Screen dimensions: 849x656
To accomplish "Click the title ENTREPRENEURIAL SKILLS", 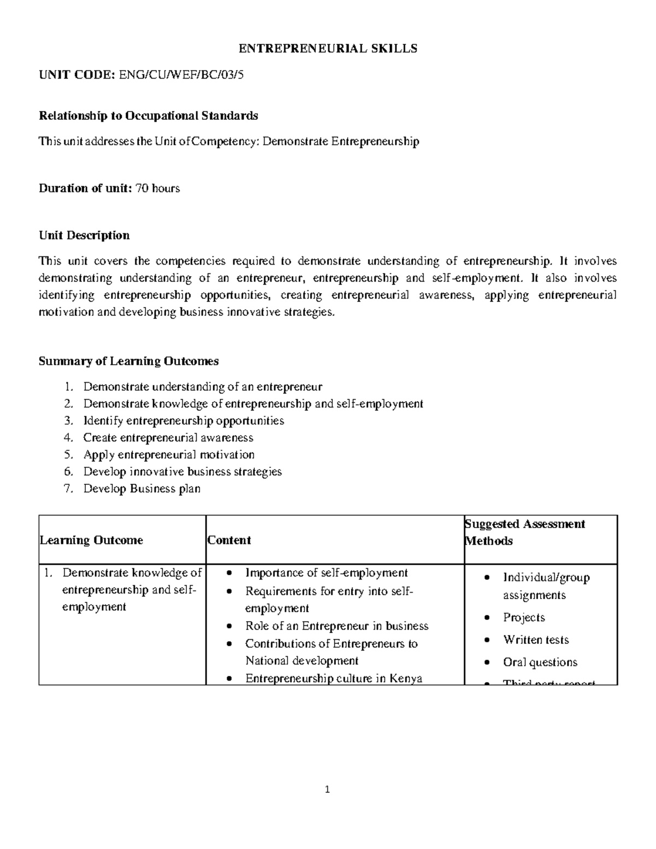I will click(327, 49).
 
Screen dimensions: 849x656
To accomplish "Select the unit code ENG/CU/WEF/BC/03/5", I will click(181, 75).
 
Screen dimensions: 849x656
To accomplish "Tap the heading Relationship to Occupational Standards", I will click(148, 115).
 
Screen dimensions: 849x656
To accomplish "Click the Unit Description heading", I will click(84, 236).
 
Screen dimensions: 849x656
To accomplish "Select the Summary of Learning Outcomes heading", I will click(128, 361).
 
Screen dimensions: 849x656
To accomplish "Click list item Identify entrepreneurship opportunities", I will click(183, 421).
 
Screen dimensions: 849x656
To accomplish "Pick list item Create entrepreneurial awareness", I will click(168, 438).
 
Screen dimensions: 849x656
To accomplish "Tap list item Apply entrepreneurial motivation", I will click(168, 455).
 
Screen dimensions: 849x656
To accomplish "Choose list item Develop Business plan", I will click(142, 489).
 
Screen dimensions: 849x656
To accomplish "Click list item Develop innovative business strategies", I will click(182, 472).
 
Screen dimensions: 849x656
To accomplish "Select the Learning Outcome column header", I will click(91, 540).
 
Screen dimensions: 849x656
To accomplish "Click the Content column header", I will click(229, 540).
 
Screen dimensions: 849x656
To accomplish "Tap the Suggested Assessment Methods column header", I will click(525, 532).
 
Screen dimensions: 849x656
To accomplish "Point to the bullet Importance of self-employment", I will click(326, 573).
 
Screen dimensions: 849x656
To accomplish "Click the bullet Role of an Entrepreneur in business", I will click(336, 626).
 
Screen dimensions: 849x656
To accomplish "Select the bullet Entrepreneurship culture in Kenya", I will click(333, 679).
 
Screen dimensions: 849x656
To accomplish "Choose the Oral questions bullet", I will click(540, 662).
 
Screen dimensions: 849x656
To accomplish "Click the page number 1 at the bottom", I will click(327, 789).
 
